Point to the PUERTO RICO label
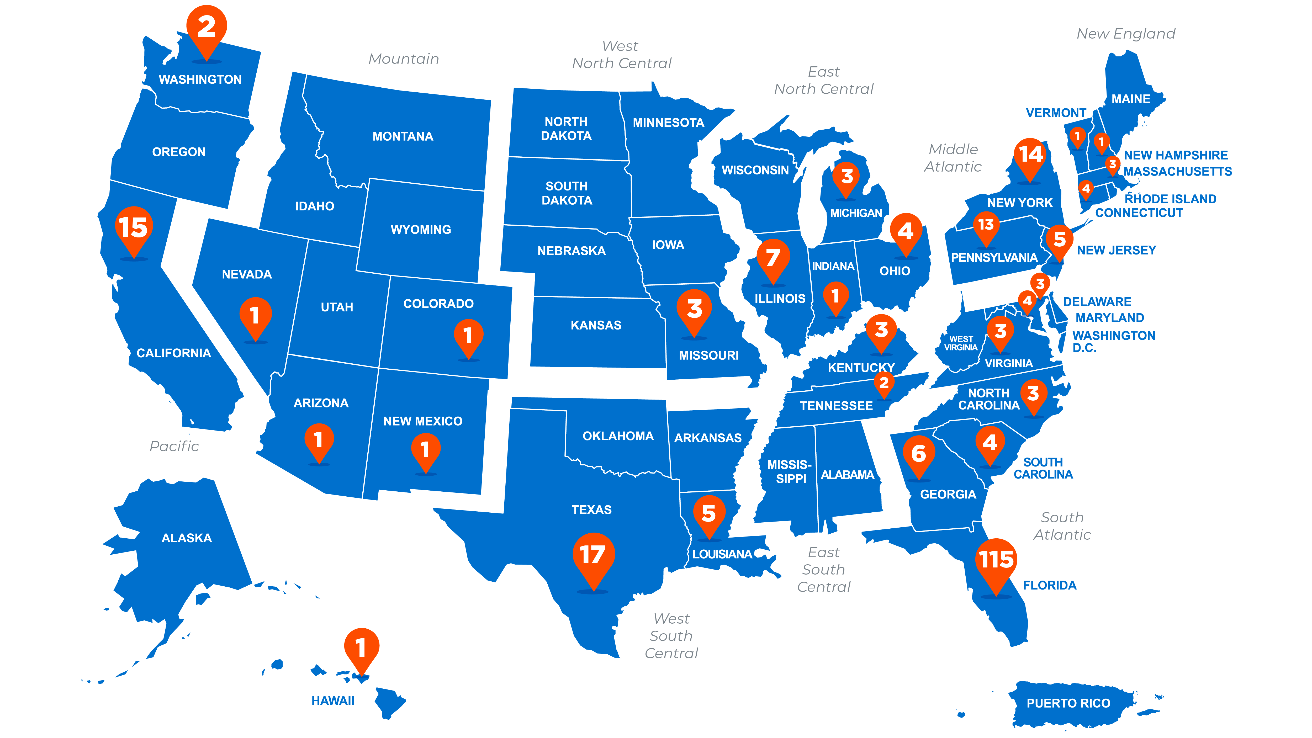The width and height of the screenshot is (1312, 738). pyautogui.click(x=1068, y=703)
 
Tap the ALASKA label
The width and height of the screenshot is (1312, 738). pyautogui.click(x=186, y=538)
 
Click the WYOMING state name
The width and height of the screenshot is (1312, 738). pyautogui.click(x=421, y=230)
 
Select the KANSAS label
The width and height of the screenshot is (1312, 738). pyautogui.click(x=596, y=326)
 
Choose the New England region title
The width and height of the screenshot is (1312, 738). pyautogui.click(x=1126, y=34)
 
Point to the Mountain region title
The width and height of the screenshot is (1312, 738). pyautogui.click(x=403, y=59)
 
